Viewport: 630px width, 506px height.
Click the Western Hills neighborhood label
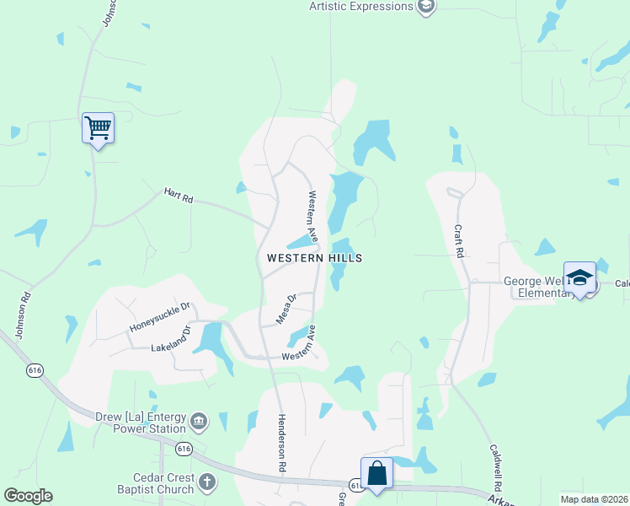tap(314, 258)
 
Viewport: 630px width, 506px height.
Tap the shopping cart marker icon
tap(98, 128)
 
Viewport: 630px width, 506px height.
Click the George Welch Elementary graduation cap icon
tap(579, 277)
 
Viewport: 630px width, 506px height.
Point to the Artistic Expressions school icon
tap(426, 7)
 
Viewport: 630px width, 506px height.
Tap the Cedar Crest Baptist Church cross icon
tap(207, 483)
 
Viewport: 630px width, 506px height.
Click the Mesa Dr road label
tap(287, 309)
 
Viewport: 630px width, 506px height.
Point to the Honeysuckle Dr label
tap(162, 316)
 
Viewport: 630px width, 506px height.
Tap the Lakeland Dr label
tap(171, 337)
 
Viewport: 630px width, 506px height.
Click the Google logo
tap(28, 496)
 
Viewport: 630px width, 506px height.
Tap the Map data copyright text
tap(594, 499)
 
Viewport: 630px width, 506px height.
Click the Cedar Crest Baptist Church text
tap(157, 483)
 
